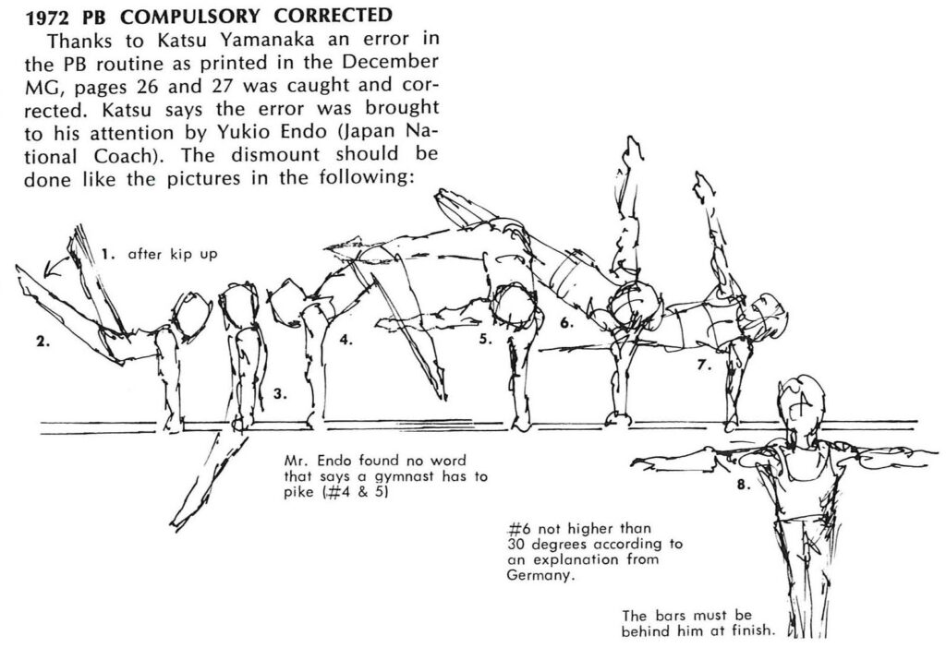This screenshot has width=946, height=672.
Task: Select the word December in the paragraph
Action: pyautogui.click(x=390, y=62)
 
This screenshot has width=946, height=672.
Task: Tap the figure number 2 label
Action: pyautogui.click(x=42, y=342)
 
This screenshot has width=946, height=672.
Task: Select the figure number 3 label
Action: pyautogui.click(x=279, y=394)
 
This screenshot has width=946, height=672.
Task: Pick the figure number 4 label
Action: pyautogui.click(x=346, y=340)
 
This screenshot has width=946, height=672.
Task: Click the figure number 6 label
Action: pyautogui.click(x=566, y=323)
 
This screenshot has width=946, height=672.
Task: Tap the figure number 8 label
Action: pyautogui.click(x=744, y=484)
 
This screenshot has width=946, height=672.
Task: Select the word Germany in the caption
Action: pyautogui.click(x=540, y=576)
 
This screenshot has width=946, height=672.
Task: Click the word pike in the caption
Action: pyautogui.click(x=299, y=492)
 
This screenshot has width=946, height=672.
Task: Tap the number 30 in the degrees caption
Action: pyautogui.click(x=515, y=545)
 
